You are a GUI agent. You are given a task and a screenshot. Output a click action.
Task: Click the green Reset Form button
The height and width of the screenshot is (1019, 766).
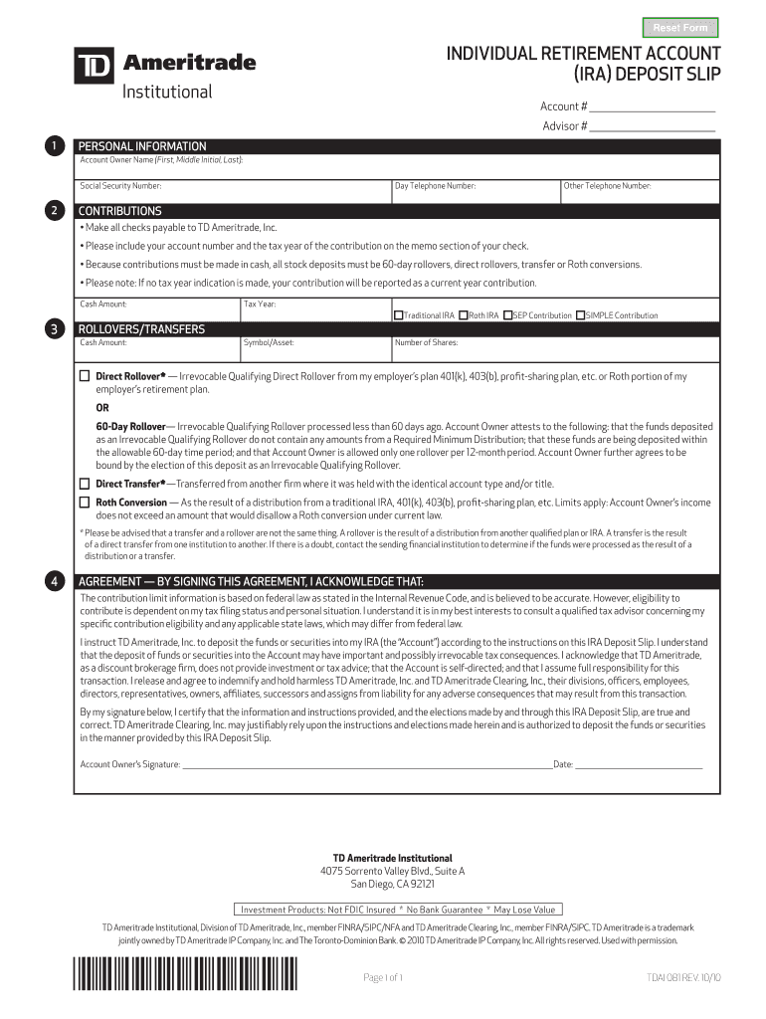[x=680, y=28]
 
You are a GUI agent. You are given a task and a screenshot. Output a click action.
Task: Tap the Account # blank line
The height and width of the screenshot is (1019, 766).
[x=653, y=106]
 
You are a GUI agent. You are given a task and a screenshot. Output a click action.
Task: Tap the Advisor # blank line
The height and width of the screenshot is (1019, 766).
[x=653, y=126]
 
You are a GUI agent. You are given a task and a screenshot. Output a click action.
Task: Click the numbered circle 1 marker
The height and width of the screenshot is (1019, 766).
[x=54, y=146]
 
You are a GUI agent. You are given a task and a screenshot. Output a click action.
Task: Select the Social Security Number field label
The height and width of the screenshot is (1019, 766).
[x=120, y=186]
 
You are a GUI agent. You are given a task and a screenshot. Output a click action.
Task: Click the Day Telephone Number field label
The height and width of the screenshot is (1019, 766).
[x=435, y=186]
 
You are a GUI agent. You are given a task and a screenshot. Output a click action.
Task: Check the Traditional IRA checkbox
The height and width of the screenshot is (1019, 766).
[x=399, y=315]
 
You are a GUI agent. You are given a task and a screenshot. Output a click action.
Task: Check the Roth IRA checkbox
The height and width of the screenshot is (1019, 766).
[x=464, y=315]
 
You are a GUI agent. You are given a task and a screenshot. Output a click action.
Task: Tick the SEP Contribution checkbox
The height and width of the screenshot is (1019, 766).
[x=507, y=315]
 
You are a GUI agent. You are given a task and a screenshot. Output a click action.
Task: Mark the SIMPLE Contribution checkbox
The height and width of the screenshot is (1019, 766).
[x=581, y=315]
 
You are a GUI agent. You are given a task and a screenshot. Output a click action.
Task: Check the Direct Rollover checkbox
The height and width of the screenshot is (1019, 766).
[x=85, y=376]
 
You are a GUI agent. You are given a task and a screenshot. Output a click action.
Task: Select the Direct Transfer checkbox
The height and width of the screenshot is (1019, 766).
[x=85, y=484]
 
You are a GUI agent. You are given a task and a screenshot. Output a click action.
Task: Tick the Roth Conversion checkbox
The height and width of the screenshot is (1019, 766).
[x=85, y=503]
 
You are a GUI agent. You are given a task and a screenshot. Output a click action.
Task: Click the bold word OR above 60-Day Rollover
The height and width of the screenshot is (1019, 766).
[x=102, y=408]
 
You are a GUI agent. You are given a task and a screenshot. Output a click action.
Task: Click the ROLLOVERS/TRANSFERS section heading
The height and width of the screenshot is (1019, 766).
[x=141, y=329]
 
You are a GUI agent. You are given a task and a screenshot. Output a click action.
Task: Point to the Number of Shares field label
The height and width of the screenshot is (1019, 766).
[x=426, y=342]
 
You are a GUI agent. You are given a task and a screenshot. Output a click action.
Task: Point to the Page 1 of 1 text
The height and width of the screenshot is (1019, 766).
[x=383, y=978]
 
